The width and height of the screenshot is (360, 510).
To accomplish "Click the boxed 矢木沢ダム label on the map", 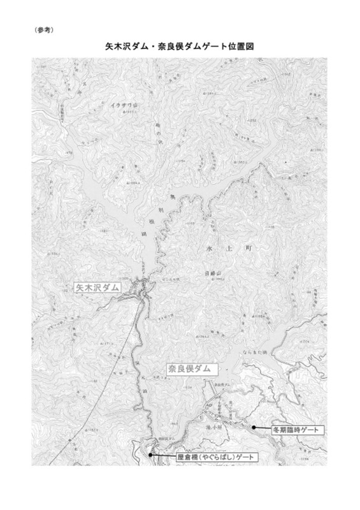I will (x=97, y=288).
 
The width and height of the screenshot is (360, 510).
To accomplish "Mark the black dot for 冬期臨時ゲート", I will (x=253, y=427).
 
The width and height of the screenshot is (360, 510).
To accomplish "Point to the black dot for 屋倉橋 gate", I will (x=150, y=455).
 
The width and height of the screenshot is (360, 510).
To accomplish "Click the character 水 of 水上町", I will (x=211, y=245).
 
